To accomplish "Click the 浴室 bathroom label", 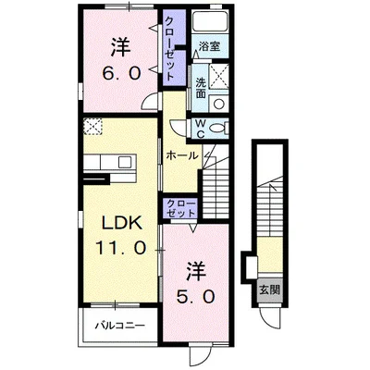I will pyautogui.click(x=208, y=43).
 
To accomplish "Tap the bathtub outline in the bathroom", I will pyautogui.click(x=211, y=23).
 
